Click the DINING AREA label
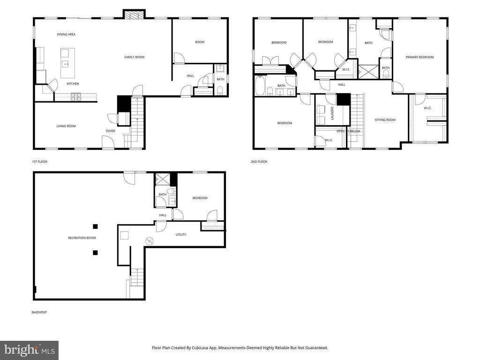coord(66,34)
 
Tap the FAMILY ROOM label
coord(134,57)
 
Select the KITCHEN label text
coord(72,83)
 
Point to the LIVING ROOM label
coord(66,126)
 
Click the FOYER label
coord(110,131)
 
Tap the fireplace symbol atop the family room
coord(134,15)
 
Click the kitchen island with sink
coord(67,63)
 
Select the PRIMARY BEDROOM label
coord(420,57)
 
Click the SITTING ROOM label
coord(385,120)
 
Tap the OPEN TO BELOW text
coord(348,131)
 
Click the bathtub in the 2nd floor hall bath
coord(260,86)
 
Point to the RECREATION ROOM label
coord(82,238)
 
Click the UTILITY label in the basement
coord(181,234)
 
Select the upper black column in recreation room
coord(95,226)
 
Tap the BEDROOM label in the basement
coord(200,198)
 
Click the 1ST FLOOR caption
coord(39,162)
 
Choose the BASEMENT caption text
coord(39,312)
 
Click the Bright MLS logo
coord(29,350)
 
